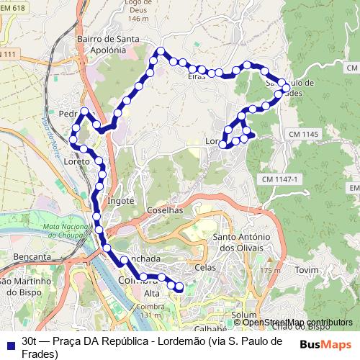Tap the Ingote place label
tap(120, 201)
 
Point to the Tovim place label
tap(307, 269)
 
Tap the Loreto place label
tap(77, 162)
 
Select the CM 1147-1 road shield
tap(280, 179)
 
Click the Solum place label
tap(246, 315)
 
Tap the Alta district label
tap(152, 294)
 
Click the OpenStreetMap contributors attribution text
tap(294, 323)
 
